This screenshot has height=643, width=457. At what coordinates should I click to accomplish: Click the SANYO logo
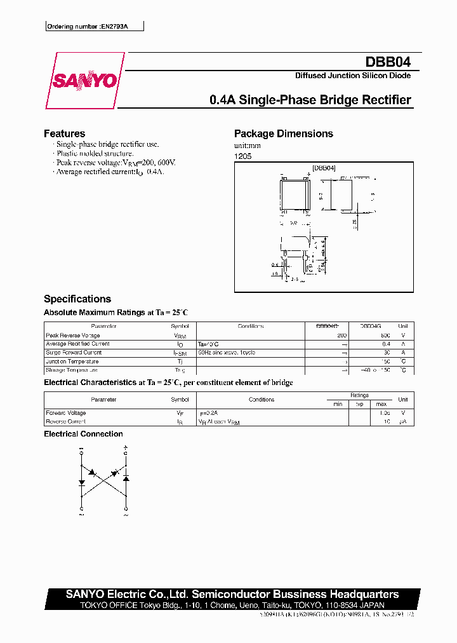tap(84, 81)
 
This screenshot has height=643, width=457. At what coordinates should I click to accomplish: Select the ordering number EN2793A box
tap(95, 27)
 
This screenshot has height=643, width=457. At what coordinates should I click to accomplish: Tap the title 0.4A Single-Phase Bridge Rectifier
tap(310, 100)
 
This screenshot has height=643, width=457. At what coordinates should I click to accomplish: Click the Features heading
tap(64, 133)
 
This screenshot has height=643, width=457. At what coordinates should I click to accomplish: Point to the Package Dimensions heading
tap(283, 133)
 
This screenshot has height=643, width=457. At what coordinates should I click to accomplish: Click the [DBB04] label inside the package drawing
tap(324, 168)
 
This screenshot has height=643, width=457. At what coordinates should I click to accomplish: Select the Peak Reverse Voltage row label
tap(73, 335)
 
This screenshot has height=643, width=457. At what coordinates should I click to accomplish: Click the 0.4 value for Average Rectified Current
tap(386, 344)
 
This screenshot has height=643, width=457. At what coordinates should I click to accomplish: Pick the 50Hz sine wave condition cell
tap(227, 352)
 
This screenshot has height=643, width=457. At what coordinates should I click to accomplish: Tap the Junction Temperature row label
tap(72, 361)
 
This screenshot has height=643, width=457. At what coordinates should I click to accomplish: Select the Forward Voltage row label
tap(66, 412)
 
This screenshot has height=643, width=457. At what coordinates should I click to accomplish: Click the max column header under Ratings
tap(381, 404)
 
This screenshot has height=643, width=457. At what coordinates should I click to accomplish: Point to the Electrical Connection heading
tap(83, 434)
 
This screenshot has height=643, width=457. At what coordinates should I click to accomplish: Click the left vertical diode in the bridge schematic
tap(82, 483)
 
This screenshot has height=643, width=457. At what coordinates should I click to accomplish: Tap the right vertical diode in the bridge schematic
tap(126, 478)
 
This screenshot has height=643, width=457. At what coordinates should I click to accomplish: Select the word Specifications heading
tap(77, 299)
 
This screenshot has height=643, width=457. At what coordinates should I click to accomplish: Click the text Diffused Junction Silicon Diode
tap(352, 76)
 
